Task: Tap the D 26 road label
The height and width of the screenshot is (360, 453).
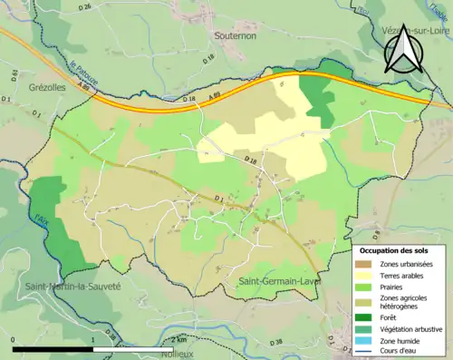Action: click(85, 7)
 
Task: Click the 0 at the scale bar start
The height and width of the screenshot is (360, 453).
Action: click(14, 339)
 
